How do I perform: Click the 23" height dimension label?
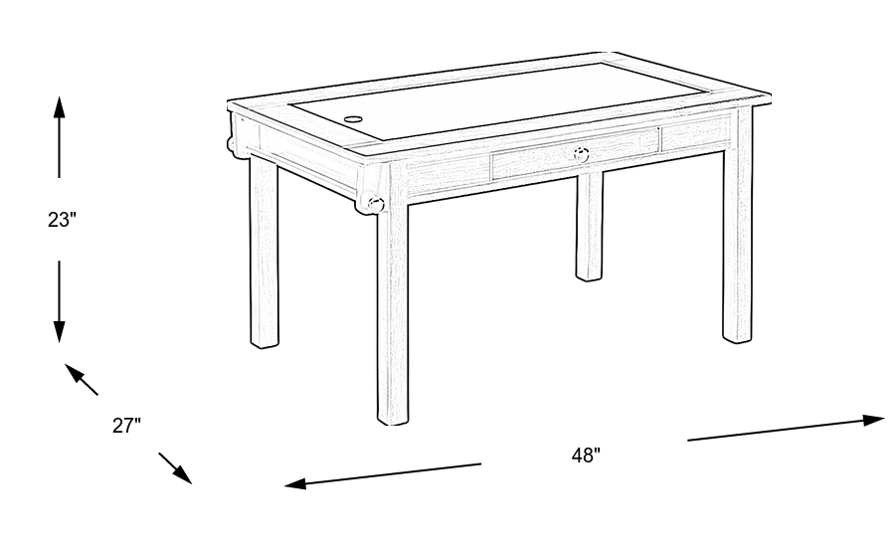62,219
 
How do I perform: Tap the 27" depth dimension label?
126,426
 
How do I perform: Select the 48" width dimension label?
586,456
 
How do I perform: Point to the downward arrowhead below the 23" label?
59,331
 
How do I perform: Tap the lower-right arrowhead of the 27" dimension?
183,475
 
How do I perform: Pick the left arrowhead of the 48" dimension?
295,484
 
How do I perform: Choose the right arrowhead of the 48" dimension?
873,421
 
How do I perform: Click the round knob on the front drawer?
581,155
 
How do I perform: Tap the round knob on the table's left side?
375,204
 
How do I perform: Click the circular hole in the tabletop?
353,120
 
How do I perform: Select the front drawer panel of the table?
576,153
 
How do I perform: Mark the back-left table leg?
265,252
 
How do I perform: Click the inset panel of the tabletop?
494,101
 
